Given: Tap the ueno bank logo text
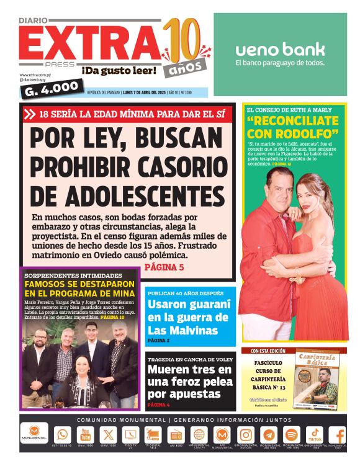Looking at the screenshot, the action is (280, 50).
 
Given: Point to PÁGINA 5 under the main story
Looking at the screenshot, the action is (164, 267).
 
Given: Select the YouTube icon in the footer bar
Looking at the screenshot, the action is (85, 435).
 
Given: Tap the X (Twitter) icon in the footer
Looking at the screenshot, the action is (108, 435).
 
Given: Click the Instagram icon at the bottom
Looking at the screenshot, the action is (246, 435).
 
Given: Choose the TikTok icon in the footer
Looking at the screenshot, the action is (315, 434).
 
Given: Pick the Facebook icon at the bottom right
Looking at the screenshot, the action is (339, 435).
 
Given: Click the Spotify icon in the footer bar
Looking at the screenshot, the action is (292, 435).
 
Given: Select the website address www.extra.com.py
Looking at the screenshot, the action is (34, 75).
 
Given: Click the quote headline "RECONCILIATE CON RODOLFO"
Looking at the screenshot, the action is (292, 127).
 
